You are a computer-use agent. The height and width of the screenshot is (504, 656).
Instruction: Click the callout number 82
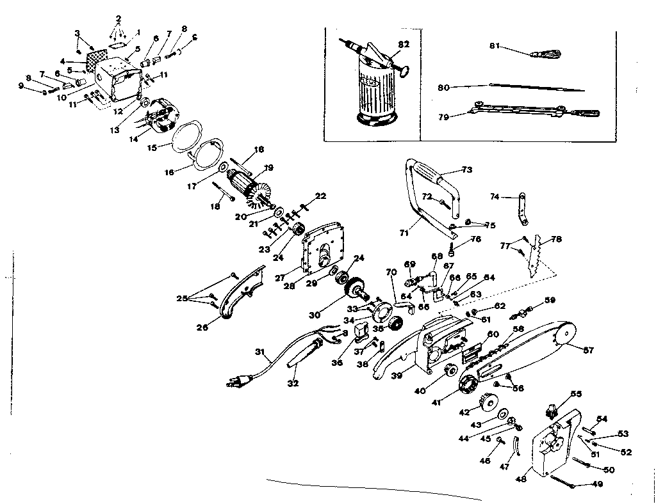tap(403, 43)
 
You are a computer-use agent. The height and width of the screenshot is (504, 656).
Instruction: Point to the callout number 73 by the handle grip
tap(466, 170)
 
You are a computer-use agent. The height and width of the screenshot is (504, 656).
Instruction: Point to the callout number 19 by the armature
tap(268, 168)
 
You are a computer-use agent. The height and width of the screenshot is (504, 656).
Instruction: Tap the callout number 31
tap(259, 351)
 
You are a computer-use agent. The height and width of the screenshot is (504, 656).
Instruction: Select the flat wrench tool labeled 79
tap(532, 110)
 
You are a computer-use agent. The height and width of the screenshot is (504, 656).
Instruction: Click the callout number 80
tap(443, 87)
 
